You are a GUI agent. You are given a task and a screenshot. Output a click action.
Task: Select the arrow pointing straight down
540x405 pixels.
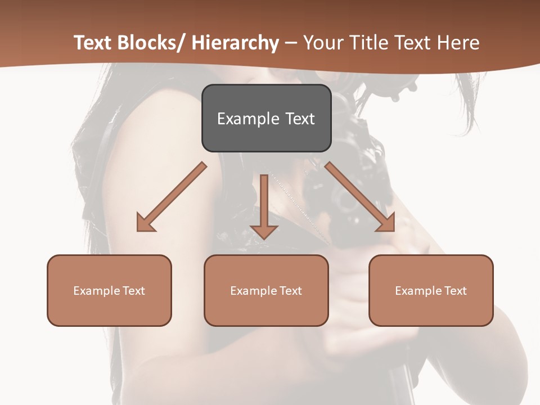point(264,205)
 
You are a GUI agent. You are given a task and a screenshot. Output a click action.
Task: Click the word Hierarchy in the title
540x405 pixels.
point(235,43)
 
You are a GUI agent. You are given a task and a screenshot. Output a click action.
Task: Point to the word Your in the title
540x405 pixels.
point(322,43)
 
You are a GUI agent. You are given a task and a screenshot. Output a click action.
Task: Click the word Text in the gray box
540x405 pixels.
point(299,119)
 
